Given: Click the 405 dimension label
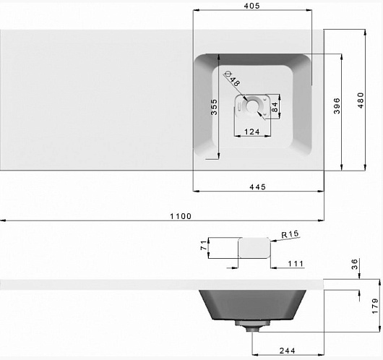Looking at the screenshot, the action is [x=251, y=6].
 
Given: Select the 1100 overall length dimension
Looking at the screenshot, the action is [x=181, y=216].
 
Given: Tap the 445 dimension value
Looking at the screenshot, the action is [x=257, y=187].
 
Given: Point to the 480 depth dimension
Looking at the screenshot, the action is [x=361, y=100].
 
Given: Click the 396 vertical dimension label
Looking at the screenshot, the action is [x=337, y=106].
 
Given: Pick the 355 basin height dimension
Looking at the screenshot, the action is [x=214, y=107].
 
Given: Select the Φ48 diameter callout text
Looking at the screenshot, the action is [x=232, y=79].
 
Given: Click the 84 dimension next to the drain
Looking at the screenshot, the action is [x=275, y=107].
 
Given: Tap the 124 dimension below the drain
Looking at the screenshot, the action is [x=251, y=132].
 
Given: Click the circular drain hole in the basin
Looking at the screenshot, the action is [x=251, y=106].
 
